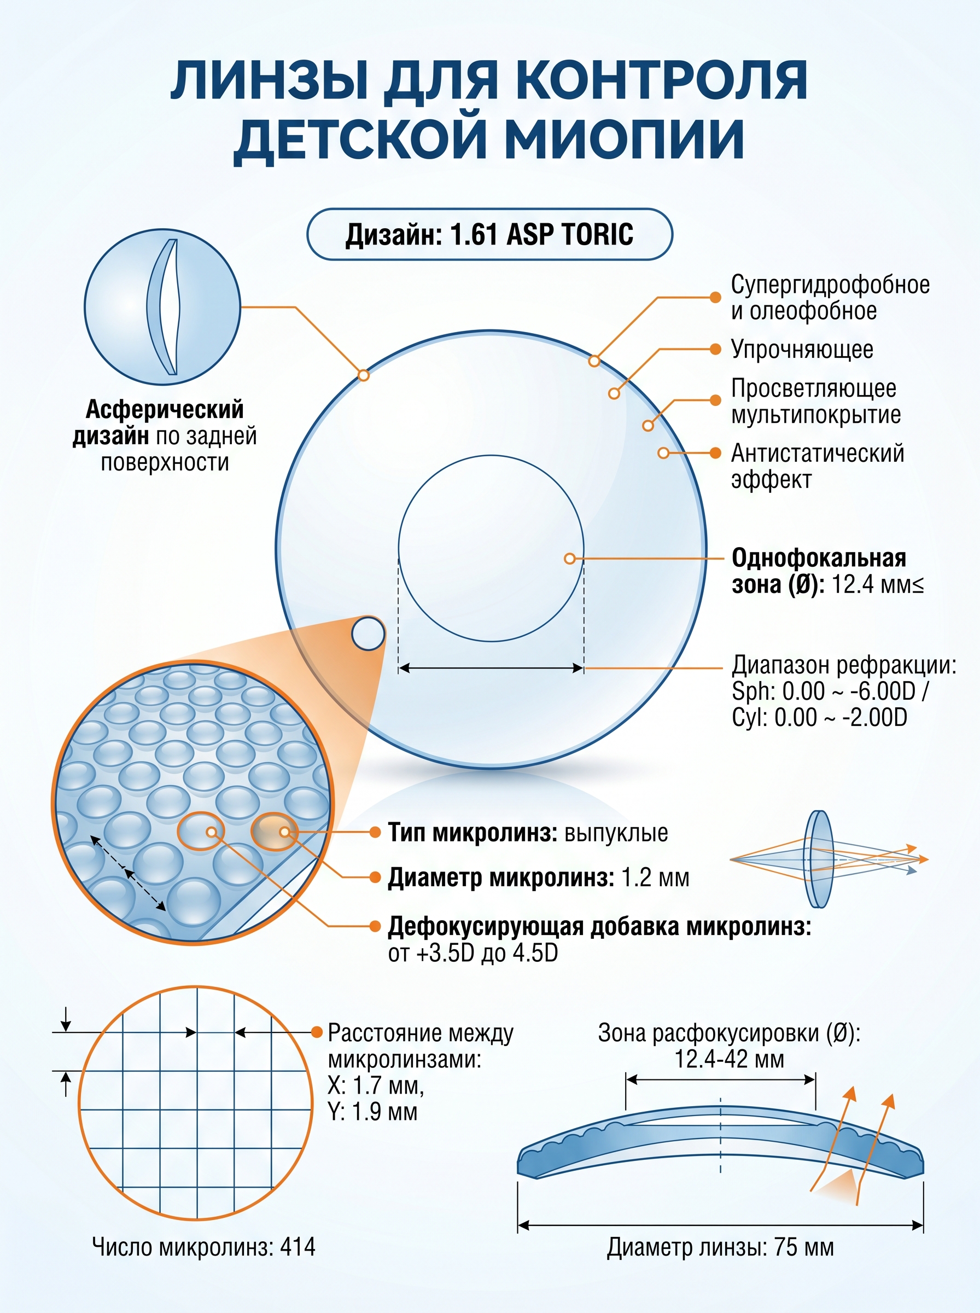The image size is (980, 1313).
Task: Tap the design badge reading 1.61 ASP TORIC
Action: tap(489, 234)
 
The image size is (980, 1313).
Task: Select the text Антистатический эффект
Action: tap(818, 466)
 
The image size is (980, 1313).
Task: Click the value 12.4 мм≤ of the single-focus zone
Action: tap(877, 584)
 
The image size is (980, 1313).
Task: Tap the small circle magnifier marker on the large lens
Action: tap(368, 634)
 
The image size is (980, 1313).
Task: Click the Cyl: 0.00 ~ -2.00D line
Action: tap(819, 717)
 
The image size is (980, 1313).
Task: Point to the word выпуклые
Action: tap(616, 833)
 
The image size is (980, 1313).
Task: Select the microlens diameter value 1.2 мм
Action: tap(656, 877)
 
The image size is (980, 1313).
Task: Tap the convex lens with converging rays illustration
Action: tap(828, 858)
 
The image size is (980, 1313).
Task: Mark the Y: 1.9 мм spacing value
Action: tap(372, 1111)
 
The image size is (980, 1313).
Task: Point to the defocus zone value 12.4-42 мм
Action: tap(729, 1059)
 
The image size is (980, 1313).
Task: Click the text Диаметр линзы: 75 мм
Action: tap(720, 1248)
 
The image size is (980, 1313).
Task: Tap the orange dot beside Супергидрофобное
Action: tap(716, 297)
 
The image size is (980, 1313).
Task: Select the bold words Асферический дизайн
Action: tap(159, 422)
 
